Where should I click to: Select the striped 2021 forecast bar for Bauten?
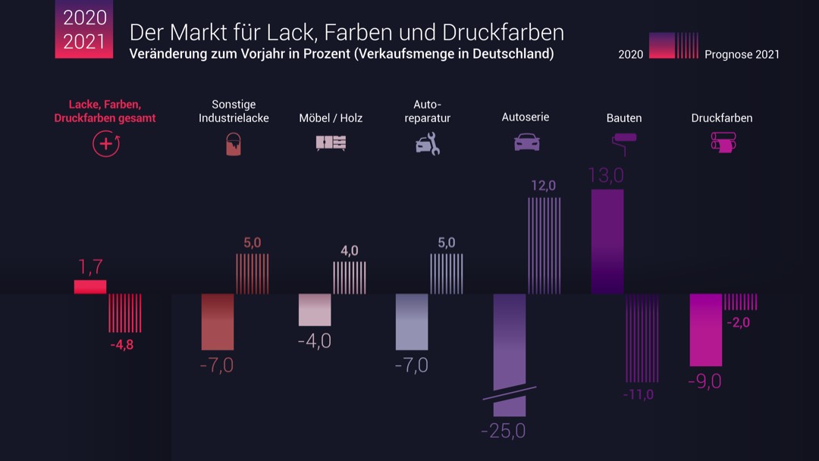pyautogui.click(x=642, y=338)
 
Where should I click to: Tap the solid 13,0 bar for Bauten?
pyautogui.click(x=607, y=241)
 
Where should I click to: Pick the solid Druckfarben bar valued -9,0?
pyautogui.click(x=705, y=330)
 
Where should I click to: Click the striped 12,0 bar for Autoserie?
pyautogui.click(x=544, y=246)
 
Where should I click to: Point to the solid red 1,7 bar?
pyautogui.click(x=90, y=287)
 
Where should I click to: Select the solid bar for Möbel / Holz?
pyautogui.click(x=315, y=309)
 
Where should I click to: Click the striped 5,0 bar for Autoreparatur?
pyautogui.click(x=447, y=274)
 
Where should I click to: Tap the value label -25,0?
pyautogui.click(x=503, y=431)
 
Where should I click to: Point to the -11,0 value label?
pyautogui.click(x=638, y=394)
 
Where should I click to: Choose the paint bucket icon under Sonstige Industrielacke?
pyautogui.click(x=234, y=143)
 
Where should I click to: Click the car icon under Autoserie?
pyautogui.click(x=526, y=142)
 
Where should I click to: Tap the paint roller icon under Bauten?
pyautogui.click(x=624, y=143)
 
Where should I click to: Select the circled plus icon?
pyautogui.click(x=105, y=143)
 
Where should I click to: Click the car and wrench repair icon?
pyautogui.click(x=428, y=143)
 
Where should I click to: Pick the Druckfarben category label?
pyautogui.click(x=721, y=118)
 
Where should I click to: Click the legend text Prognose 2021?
pyautogui.click(x=742, y=54)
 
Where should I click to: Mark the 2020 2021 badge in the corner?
pyautogui.click(x=83, y=29)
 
